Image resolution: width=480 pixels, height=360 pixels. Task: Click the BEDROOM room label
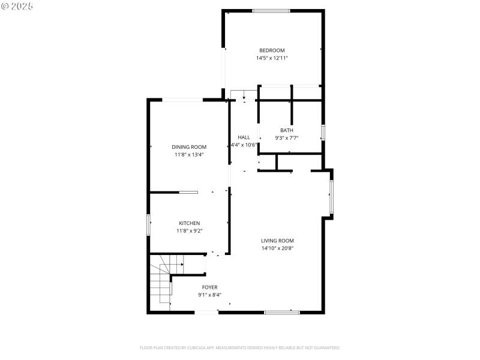(x=272, y=50)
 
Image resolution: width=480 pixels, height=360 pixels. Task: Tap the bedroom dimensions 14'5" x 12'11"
(x=272, y=58)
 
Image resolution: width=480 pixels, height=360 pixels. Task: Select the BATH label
(x=287, y=130)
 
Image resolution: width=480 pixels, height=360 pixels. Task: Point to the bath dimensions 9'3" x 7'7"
(x=287, y=138)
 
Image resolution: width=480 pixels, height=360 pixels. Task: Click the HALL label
(x=244, y=137)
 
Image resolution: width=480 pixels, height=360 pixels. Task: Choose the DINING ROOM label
(x=189, y=147)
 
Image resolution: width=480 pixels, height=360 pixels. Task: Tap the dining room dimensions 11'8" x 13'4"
(x=189, y=155)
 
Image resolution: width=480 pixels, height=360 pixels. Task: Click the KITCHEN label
(x=189, y=223)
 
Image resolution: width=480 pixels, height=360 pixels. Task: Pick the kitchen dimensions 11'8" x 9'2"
(x=189, y=231)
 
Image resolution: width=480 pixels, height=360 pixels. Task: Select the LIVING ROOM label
(x=277, y=241)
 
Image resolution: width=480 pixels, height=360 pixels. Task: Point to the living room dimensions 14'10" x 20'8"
(x=277, y=248)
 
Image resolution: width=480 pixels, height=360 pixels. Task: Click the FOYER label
(x=209, y=287)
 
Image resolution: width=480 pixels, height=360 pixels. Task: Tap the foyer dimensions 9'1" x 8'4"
(x=209, y=295)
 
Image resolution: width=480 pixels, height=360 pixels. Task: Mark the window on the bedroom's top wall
(x=271, y=11)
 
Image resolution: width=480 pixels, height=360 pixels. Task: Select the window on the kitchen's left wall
(x=149, y=224)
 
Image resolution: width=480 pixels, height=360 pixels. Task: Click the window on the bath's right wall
(x=323, y=132)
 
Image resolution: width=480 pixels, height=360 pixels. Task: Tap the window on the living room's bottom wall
(x=282, y=312)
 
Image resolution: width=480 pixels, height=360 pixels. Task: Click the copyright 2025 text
(x=17, y=5)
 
